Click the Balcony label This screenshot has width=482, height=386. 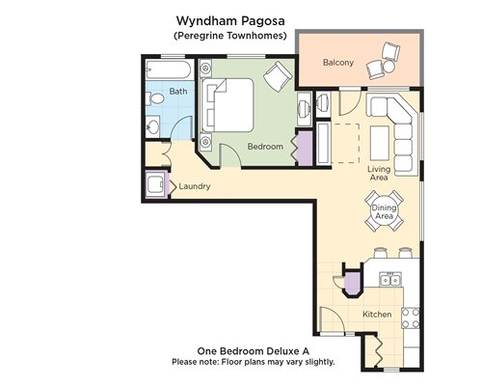(x=338, y=62)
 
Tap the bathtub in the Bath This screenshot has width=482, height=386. (x=169, y=69)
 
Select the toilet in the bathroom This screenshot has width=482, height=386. (x=154, y=98)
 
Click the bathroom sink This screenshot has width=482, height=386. (x=153, y=126)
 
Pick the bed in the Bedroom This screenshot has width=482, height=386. (x=228, y=105)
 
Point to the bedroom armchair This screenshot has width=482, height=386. (x=277, y=76)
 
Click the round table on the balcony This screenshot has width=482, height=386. (x=389, y=67)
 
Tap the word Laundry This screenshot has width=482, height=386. (x=195, y=186)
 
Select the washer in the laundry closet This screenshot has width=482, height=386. (x=157, y=184)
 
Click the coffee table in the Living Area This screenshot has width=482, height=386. (x=380, y=143)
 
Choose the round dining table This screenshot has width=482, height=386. (x=384, y=211)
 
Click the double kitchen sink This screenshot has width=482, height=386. (x=390, y=280)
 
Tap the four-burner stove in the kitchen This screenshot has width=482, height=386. (x=411, y=318)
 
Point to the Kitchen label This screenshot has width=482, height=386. (x=377, y=315)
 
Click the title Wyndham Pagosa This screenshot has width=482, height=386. (x=230, y=21)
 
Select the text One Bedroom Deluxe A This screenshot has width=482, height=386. (x=254, y=351)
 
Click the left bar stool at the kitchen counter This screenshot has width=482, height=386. (x=380, y=253)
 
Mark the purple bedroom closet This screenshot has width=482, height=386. (x=305, y=149)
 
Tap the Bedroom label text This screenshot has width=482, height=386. (x=265, y=147)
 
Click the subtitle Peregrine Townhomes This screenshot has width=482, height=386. (x=230, y=36)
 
